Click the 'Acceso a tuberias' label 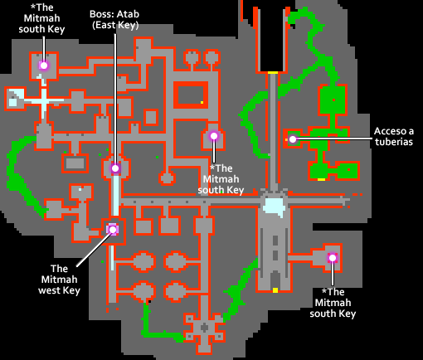pos(394,136)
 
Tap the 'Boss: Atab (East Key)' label pos(114,20)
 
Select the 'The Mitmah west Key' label pos(59,280)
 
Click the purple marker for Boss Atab pos(115,168)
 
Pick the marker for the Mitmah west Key pos(113,230)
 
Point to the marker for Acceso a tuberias pos(293,139)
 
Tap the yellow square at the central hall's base pos(275,290)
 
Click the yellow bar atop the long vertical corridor pos(273,73)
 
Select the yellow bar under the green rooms pos(321,179)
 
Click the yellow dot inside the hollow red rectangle pos(202,102)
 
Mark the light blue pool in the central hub pos(274,206)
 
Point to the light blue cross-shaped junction pos(44,100)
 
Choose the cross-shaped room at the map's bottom pos(204,328)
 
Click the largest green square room pos(333,100)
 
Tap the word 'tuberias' pos(394,142)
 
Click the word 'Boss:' pos(99,14)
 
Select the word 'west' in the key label pos(49,290)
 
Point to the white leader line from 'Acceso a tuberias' pos(333,139)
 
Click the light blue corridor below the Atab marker pos(116,195)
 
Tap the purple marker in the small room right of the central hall pos(333,258)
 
